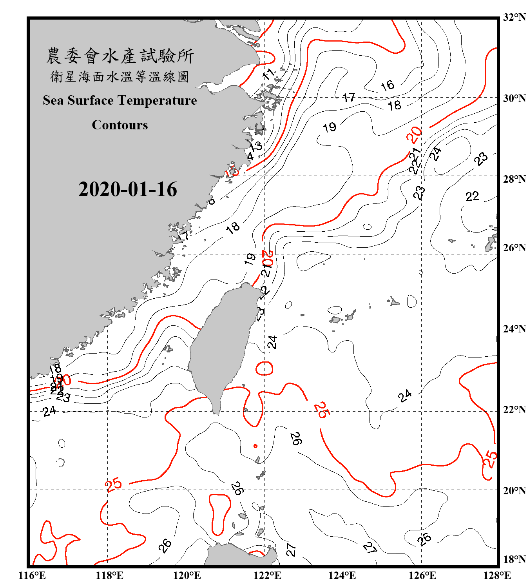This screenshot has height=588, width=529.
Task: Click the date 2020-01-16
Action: (128, 189)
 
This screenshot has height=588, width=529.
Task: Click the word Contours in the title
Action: (120, 125)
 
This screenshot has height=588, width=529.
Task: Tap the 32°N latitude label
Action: (514, 17)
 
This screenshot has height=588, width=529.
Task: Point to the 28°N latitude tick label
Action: (514, 179)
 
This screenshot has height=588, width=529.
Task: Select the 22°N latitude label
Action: (514, 410)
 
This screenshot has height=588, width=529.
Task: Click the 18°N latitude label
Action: (514, 559)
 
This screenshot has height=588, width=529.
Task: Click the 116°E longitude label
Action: (32, 575)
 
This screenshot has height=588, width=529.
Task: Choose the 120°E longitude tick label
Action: (187, 575)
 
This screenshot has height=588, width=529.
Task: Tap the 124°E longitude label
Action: (342, 575)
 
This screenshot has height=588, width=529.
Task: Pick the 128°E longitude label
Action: (497, 575)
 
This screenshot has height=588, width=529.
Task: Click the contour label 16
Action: (388, 85)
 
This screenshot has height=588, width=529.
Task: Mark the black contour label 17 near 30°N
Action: (349, 97)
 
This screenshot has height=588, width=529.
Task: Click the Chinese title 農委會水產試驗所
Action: (120, 56)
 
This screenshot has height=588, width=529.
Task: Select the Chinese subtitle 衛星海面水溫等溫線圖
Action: (120, 77)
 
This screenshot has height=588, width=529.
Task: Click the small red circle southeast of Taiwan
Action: (255, 446)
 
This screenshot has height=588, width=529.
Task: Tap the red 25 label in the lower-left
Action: (114, 485)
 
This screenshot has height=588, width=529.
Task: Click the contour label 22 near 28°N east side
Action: (472, 196)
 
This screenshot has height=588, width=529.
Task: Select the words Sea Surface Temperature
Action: (120, 100)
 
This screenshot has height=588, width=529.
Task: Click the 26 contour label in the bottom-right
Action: (424, 539)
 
